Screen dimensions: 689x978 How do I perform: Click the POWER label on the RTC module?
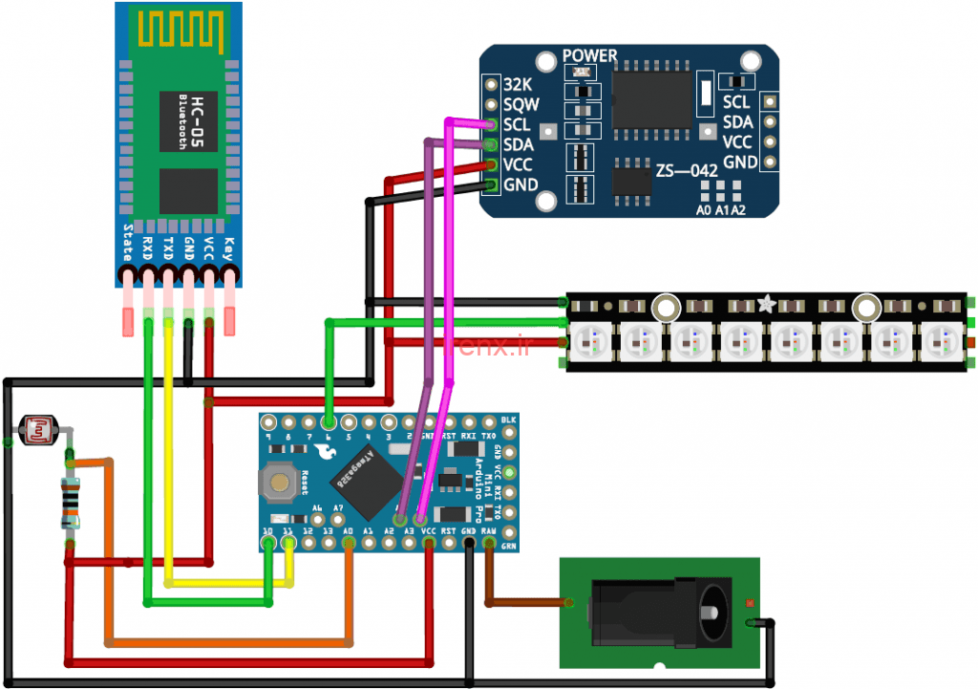tap(589, 56)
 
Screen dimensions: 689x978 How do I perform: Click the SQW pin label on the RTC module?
tap(521, 105)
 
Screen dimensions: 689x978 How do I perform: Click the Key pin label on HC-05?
tap(228, 244)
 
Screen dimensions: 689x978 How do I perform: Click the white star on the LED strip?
tap(766, 305)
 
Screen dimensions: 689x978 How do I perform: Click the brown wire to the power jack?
tap(525, 602)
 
